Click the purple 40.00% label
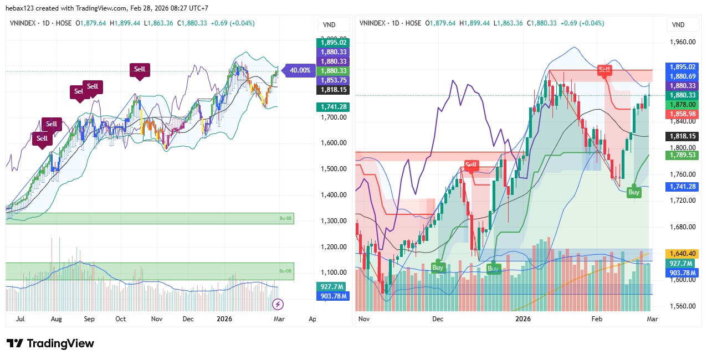tap(300, 70)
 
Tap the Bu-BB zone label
tap(285, 219)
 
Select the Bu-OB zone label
tap(285, 271)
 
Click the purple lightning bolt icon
tap(278, 304)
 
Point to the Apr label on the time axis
tap(312, 319)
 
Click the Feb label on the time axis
tap(596, 319)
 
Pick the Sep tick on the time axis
tap(89, 319)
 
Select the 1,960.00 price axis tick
tap(683, 42)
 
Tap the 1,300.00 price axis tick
tap(334, 221)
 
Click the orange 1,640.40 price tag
tap(683, 254)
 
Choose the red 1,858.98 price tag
tap(683, 114)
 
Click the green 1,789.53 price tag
tap(683, 156)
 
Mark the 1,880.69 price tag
tap(683, 76)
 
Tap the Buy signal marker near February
tap(633, 192)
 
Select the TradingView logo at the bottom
tap(50, 343)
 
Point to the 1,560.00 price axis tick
tap(683, 306)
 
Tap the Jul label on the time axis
tap(20, 319)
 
